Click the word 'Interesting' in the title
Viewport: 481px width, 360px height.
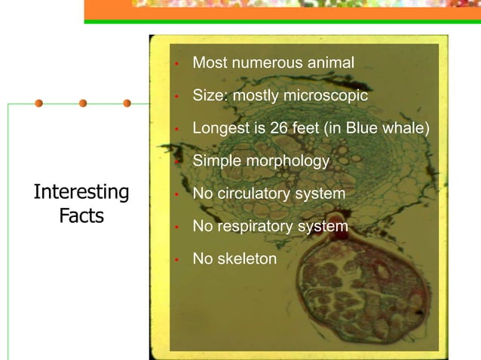81,193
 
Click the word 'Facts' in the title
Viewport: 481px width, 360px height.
81,217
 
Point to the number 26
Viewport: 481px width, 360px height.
279,129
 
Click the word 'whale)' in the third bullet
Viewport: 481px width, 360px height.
407,129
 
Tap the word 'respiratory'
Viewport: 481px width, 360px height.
257,226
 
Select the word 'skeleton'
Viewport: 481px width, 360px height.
247,258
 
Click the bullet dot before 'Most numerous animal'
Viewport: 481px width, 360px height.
175,65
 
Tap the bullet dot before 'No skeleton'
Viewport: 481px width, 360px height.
175,260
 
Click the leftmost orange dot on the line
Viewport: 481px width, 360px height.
38,103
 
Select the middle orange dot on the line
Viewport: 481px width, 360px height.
83,103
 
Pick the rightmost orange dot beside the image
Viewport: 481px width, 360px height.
127,103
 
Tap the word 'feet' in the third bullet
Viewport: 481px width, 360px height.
307,129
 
